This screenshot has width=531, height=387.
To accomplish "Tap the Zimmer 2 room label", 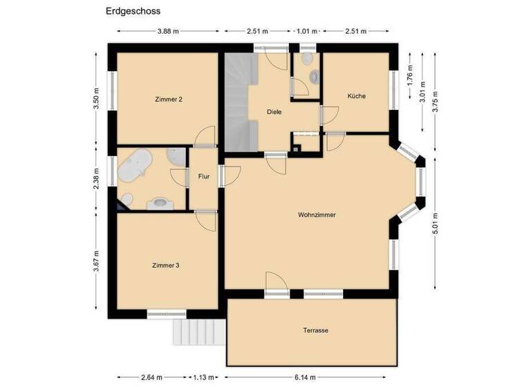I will pyautogui.click(x=169, y=100).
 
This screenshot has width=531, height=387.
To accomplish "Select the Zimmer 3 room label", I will pyautogui.click(x=166, y=265).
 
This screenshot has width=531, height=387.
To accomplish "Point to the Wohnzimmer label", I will pyautogui.click(x=317, y=215).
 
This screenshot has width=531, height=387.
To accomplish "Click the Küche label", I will pyautogui.click(x=357, y=96).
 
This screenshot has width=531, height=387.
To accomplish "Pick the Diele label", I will pyautogui.click(x=274, y=111).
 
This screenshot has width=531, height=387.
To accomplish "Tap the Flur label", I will pyautogui.click(x=204, y=176).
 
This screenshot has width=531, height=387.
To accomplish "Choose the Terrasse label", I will pyautogui.click(x=315, y=330).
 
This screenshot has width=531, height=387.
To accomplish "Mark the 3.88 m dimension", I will pyautogui.click(x=168, y=31).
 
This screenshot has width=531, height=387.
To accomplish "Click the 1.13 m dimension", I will pyautogui.click(x=203, y=377).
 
